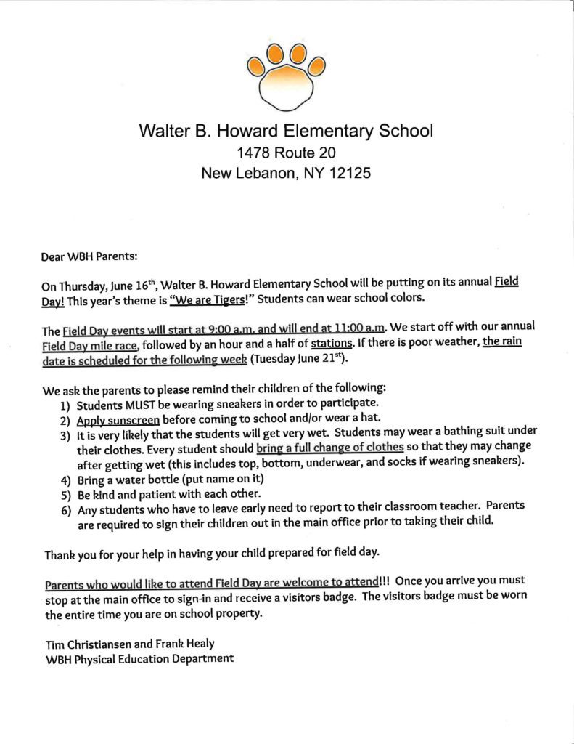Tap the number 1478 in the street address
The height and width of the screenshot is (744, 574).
tap(255, 153)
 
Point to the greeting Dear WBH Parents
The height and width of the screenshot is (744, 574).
tap(89, 256)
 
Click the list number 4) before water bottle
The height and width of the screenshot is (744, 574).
tap(65, 480)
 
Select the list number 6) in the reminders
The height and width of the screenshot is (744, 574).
tap(65, 509)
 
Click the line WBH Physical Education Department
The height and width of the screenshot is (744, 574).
tap(139, 659)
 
